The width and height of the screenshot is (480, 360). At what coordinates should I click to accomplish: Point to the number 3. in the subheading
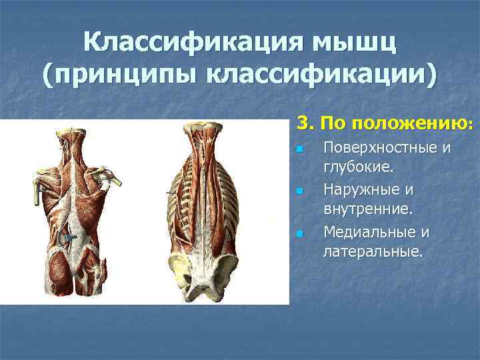[x=304, y=124]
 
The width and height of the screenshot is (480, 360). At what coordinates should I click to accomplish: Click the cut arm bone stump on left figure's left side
[x=37, y=184]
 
